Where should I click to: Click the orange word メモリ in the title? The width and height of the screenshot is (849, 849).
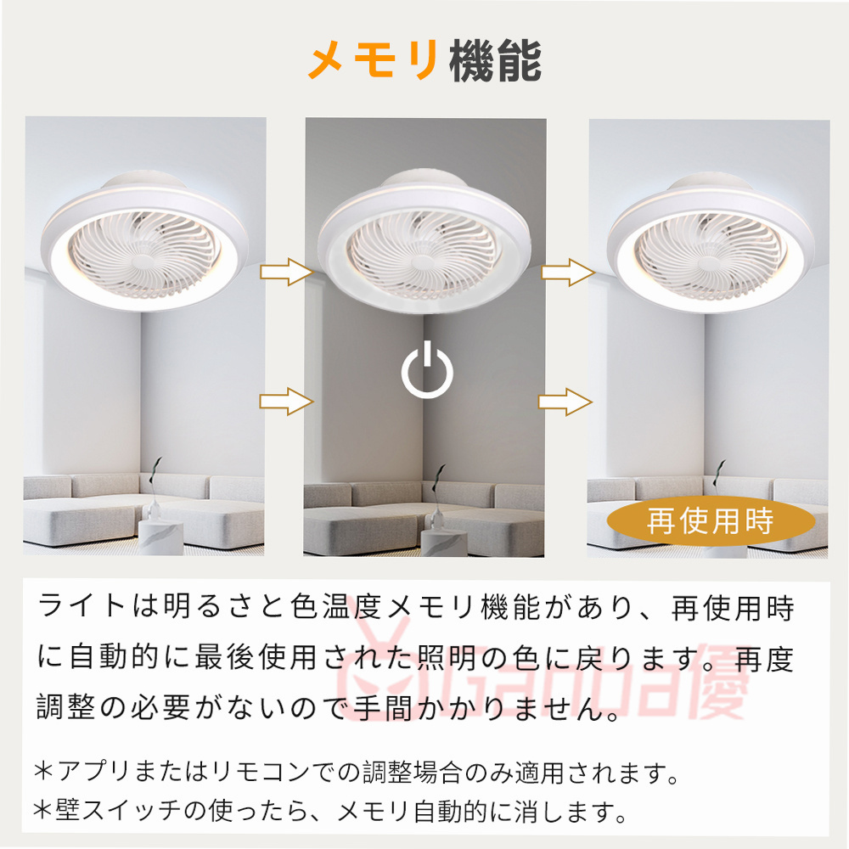click(x=374, y=59)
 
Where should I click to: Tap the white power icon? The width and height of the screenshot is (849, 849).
click(x=427, y=369)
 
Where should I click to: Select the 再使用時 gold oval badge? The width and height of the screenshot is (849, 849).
click(x=711, y=521)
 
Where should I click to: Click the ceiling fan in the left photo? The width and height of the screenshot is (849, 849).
click(x=144, y=242)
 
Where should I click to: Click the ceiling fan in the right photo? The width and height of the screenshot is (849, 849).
click(x=711, y=244)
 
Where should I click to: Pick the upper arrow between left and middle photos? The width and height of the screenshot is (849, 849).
click(x=286, y=272)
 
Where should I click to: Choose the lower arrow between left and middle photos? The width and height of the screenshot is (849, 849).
click(x=286, y=402)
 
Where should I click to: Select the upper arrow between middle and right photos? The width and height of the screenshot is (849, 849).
click(x=568, y=273)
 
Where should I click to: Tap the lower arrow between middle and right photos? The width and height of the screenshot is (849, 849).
click(x=565, y=402)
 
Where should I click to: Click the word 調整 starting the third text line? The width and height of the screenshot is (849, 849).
click(x=66, y=707)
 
